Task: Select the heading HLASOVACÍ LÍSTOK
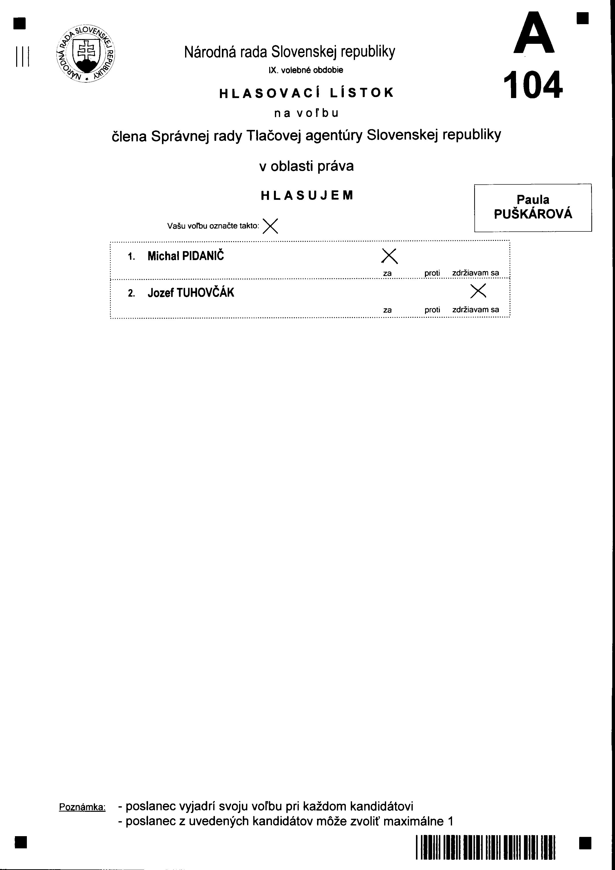tap(307, 93)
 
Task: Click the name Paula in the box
tap(533, 199)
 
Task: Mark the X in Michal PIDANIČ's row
tap(390, 256)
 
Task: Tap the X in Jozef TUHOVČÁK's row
tap(478, 291)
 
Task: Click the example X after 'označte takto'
tap(270, 226)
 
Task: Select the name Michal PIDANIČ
tap(185, 256)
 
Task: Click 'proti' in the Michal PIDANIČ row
tap(432, 273)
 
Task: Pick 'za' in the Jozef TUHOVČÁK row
tap(387, 310)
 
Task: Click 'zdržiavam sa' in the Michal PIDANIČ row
tap(475, 273)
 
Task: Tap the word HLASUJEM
tap(307, 195)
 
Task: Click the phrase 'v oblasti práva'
tap(306, 166)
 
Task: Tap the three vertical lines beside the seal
tap(23, 56)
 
